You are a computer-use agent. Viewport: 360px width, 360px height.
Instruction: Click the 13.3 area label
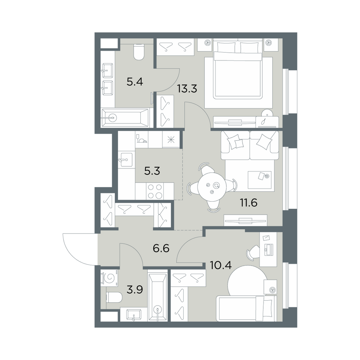tap(187, 89)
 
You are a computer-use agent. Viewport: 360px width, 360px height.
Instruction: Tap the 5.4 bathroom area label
tap(135, 81)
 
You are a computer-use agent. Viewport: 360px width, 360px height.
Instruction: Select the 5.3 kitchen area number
tap(152, 171)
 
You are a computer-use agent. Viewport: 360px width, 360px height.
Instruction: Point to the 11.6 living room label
tap(248, 203)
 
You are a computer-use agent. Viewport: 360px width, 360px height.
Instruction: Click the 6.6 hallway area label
tap(161, 248)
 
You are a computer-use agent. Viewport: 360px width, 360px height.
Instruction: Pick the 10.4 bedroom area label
tap(221, 265)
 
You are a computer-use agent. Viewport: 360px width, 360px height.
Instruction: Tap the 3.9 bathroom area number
tap(135, 290)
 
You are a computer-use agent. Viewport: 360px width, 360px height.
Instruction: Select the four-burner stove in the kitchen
tap(154, 191)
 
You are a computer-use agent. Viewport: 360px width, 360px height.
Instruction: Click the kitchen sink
tap(125, 160)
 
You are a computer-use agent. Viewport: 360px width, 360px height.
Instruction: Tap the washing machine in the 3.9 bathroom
tap(109, 278)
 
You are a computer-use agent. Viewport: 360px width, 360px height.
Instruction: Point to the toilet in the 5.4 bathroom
tap(139, 52)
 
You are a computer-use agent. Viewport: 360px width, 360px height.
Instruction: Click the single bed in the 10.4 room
tap(247, 308)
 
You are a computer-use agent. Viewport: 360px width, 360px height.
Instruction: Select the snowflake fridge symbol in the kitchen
tap(171, 140)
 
